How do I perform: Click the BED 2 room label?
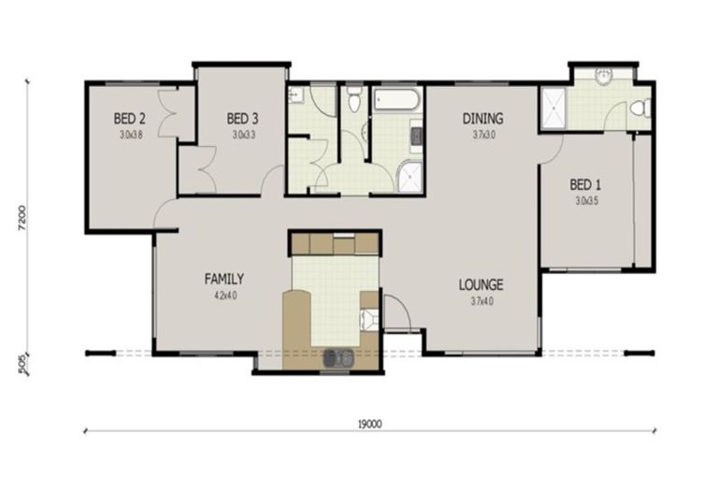click(x=129, y=119)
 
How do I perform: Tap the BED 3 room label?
click(x=242, y=119)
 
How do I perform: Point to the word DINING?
click(x=483, y=119)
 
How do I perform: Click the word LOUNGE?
click(x=481, y=284)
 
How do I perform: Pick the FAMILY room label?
click(x=224, y=279)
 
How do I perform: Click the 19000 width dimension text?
click(x=369, y=423)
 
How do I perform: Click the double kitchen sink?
click(x=337, y=356)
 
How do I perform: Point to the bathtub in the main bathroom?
click(x=398, y=98)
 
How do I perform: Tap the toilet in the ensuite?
click(x=639, y=109)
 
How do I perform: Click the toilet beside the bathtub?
click(x=353, y=98)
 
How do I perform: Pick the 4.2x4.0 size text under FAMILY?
click(x=224, y=294)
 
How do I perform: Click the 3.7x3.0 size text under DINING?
click(x=483, y=134)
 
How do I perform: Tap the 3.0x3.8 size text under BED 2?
click(x=129, y=134)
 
